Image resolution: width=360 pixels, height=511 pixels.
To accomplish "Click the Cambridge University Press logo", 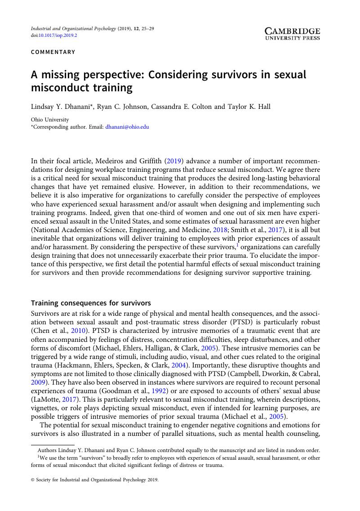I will pyautogui.click(x=292, y=34).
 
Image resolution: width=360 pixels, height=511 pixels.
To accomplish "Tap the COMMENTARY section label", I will pyautogui.click(x=53, y=52).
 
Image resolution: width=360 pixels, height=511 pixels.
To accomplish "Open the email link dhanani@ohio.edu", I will pyautogui.click(x=127, y=127).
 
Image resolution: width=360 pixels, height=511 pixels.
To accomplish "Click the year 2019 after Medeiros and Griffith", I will pyautogui.click(x=173, y=161).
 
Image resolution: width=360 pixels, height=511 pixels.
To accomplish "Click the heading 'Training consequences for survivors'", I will pyautogui.click(x=91, y=303).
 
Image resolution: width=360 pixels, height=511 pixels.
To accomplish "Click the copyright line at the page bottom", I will pyautogui.click(x=94, y=493).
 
